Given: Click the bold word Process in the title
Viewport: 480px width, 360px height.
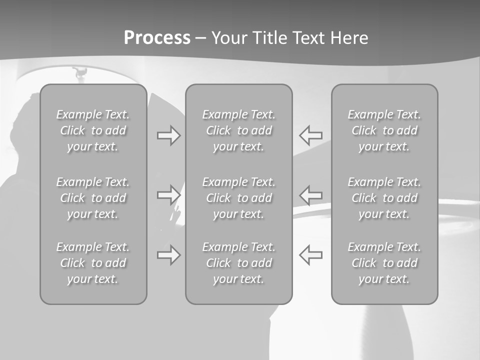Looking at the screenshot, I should [x=157, y=38].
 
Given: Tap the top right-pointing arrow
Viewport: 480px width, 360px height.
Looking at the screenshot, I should [x=168, y=135].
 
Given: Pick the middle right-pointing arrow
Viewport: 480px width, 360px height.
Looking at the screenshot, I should [x=168, y=195].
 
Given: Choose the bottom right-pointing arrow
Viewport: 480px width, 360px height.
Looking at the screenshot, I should [x=168, y=255].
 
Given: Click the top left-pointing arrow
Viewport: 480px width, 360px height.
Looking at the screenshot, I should [x=311, y=135].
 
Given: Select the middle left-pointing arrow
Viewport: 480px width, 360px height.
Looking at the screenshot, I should [x=311, y=195].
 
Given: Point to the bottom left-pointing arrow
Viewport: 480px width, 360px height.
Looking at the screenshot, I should [x=311, y=255].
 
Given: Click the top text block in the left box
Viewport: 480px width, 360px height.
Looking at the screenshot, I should [x=93, y=130].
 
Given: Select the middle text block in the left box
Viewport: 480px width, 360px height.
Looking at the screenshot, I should [x=93, y=198].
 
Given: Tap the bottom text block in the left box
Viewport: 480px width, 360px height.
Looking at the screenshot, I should [x=93, y=263].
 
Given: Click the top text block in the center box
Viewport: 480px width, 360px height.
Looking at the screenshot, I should [x=238, y=130].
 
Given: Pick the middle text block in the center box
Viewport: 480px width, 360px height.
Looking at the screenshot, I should [x=238, y=198].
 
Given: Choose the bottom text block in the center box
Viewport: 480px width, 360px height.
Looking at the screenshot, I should [x=238, y=263].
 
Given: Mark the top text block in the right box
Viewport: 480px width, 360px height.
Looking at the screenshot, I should [x=384, y=130].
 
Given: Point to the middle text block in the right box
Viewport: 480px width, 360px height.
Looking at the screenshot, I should [x=384, y=198].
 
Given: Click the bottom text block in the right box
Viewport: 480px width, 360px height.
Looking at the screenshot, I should [x=384, y=263].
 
